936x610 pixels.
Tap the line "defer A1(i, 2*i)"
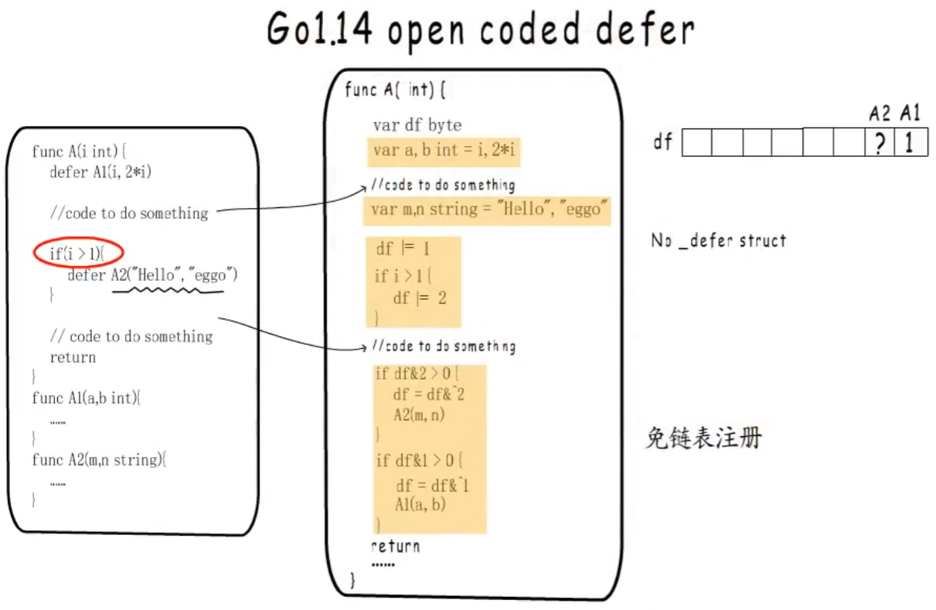[x=100, y=172]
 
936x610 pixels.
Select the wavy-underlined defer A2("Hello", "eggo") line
[x=152, y=274]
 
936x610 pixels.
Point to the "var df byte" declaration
[x=417, y=125]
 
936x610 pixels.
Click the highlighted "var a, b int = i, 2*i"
[x=444, y=151]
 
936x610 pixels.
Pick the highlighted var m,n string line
[x=487, y=210]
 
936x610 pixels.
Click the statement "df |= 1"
[x=403, y=249]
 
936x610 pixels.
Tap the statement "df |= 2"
[x=420, y=298]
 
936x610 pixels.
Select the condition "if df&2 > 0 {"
[x=417, y=374]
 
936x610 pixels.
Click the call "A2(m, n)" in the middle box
[x=419, y=414]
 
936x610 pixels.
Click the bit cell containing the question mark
[x=879, y=143]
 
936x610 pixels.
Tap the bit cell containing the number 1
[x=910, y=143]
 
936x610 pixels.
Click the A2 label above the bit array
[x=880, y=114]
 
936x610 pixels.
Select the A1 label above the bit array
[x=910, y=114]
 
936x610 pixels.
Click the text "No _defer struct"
[x=718, y=241]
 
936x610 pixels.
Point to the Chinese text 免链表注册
[x=703, y=438]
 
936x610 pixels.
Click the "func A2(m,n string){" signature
[x=99, y=460]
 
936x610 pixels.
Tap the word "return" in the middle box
[x=395, y=547]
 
